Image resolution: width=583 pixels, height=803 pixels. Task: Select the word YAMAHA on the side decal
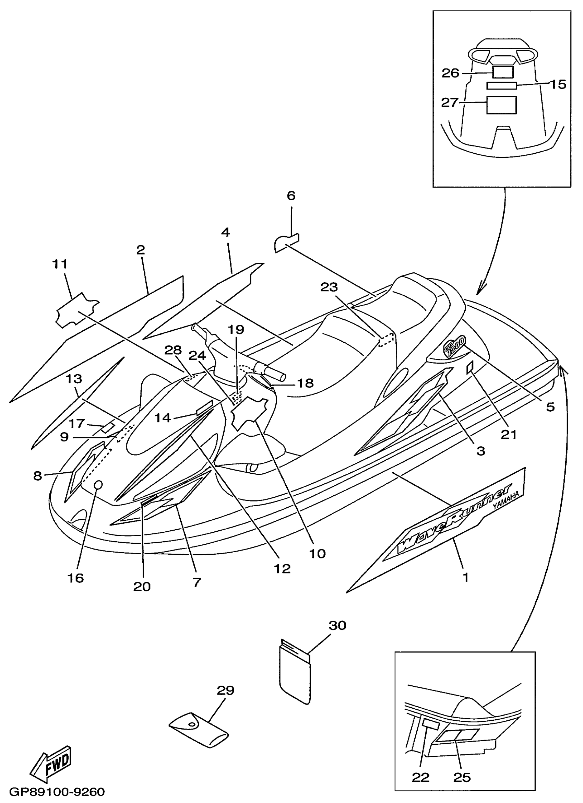pos(506,501)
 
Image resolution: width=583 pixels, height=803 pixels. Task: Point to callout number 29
pos(225,690)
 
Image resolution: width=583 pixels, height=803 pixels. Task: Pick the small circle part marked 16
pos(98,484)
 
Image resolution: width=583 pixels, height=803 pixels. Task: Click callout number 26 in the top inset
pos(450,73)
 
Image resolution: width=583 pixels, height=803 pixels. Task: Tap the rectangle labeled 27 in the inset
pos(501,105)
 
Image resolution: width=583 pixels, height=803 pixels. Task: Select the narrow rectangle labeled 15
pos(502,85)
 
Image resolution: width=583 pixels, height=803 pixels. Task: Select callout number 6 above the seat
pos(290,196)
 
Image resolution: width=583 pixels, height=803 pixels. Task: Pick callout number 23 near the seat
pos(329,287)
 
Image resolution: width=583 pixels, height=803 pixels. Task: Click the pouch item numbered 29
pos(199,730)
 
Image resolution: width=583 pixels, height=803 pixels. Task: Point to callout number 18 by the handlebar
pos(305,383)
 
